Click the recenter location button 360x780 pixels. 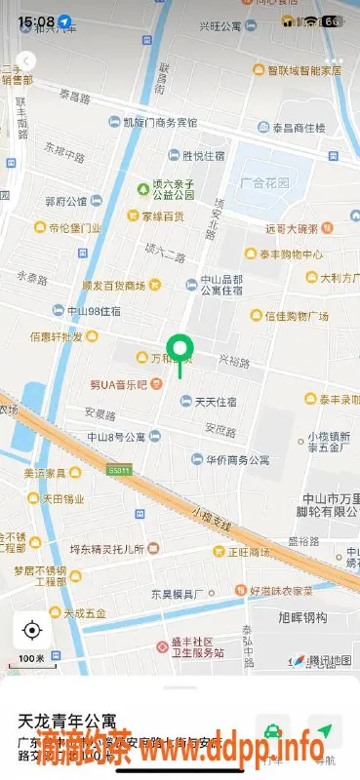(32, 630)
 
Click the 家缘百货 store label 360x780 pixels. (162, 215)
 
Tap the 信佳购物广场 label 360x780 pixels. (296, 316)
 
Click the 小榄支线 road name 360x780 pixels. (211, 518)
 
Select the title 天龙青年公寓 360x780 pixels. (67, 722)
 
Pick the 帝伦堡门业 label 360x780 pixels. (73, 228)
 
